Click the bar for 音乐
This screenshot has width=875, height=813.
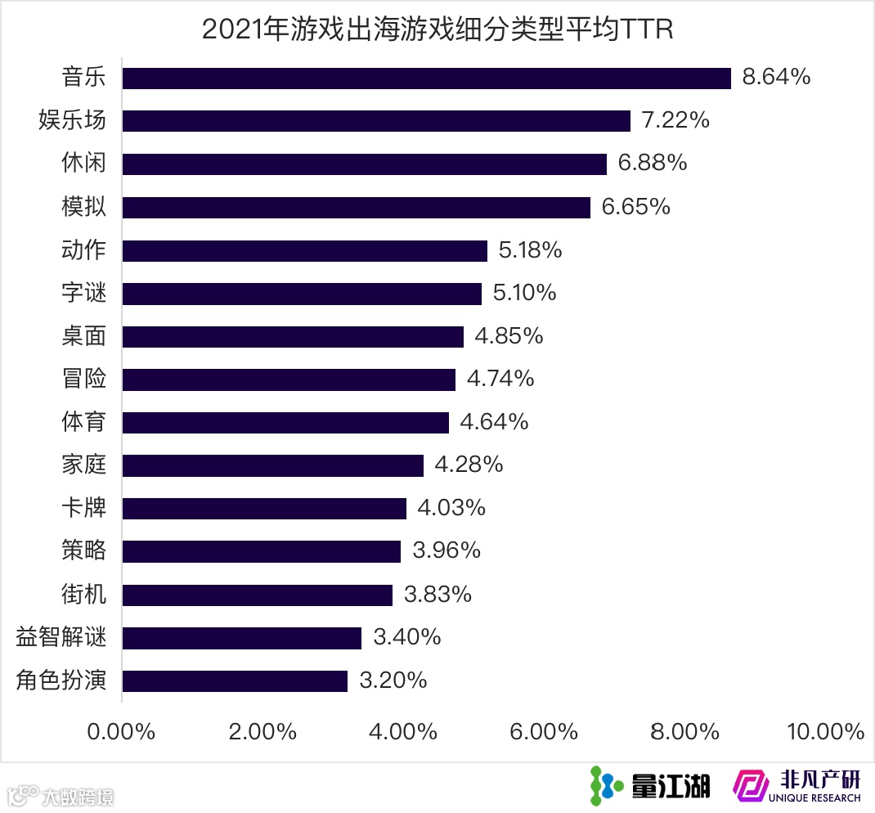(x=426, y=78)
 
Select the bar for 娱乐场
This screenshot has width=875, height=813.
(x=376, y=121)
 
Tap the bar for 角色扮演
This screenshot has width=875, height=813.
(x=235, y=680)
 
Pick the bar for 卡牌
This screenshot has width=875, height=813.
(x=264, y=509)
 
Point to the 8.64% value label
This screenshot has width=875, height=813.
(x=776, y=78)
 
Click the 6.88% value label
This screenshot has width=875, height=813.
(x=652, y=164)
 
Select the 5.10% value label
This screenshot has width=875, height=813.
(x=524, y=293)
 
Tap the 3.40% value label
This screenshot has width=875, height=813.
(x=406, y=637)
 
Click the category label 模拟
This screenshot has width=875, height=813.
(x=84, y=207)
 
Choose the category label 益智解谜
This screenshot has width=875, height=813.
(x=61, y=637)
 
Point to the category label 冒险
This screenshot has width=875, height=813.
(x=84, y=379)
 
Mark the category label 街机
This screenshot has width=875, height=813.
(x=84, y=594)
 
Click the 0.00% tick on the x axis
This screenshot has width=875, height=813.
(x=121, y=731)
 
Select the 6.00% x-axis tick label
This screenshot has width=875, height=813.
(x=543, y=731)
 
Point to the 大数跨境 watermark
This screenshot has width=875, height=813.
(x=61, y=796)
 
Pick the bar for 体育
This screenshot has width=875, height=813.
(x=285, y=422)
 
